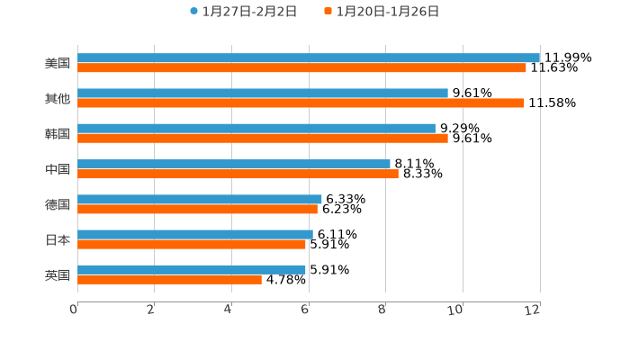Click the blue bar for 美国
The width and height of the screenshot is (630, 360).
[309, 58]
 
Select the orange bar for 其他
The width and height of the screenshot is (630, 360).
[301, 103]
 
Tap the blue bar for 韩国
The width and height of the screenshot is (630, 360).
[256, 129]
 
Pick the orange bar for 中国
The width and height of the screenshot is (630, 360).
[238, 174]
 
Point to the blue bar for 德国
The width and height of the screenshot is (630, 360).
[200, 199]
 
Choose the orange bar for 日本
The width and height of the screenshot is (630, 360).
[192, 244]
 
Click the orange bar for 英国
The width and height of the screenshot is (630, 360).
[169, 279]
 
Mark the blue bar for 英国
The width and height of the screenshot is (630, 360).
[192, 269]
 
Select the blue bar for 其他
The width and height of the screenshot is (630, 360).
[263, 94]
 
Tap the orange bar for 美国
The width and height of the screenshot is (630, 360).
[301, 67]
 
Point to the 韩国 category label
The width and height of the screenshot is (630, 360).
[58, 134]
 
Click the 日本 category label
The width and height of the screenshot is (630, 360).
[58, 240]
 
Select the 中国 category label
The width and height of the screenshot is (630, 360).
[58, 169]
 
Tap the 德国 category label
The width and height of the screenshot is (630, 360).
[58, 204]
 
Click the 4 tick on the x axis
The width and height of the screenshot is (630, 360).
[229, 310]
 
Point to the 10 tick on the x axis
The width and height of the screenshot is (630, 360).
[455, 310]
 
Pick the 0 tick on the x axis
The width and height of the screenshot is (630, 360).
[74, 310]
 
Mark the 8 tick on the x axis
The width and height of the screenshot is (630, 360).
[382, 310]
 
